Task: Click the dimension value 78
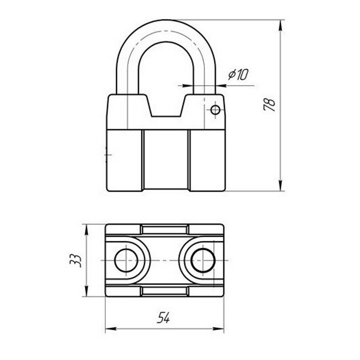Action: [x=269, y=105]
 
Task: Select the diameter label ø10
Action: [x=238, y=74]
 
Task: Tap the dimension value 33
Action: [x=76, y=260]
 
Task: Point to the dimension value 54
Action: [x=163, y=317]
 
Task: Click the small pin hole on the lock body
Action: [x=215, y=110]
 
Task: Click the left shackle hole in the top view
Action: [x=126, y=261]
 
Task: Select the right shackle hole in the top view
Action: [x=203, y=261]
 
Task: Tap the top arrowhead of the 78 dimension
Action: [x=280, y=25]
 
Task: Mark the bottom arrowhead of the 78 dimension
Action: [x=280, y=185]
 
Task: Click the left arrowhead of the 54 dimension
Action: [x=111, y=329]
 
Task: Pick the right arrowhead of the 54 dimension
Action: [x=219, y=329]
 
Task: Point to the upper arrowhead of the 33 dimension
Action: [x=86, y=230]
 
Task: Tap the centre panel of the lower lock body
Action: [x=166, y=160]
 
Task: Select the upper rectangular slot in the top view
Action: [x=165, y=230]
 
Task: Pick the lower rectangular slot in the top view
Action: [x=165, y=291]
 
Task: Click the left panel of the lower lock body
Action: [x=125, y=161]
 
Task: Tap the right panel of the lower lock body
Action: [x=207, y=161]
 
